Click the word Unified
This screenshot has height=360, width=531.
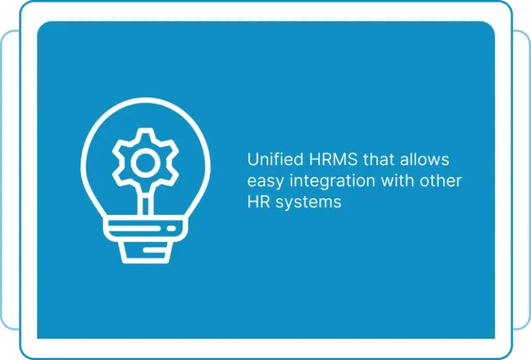275,159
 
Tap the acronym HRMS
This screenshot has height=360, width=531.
333,160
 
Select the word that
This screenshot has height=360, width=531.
379,159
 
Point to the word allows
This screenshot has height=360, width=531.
425,159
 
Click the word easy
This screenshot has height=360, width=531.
265,182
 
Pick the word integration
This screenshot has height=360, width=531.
333,181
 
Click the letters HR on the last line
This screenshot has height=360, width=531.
259,202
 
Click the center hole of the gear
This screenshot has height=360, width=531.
145,163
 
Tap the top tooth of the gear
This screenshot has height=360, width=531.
145,133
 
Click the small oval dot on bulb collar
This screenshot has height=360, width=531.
171,229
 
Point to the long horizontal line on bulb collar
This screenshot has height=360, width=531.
134,229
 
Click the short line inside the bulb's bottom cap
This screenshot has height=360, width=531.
154,250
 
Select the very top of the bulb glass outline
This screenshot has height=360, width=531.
145,100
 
